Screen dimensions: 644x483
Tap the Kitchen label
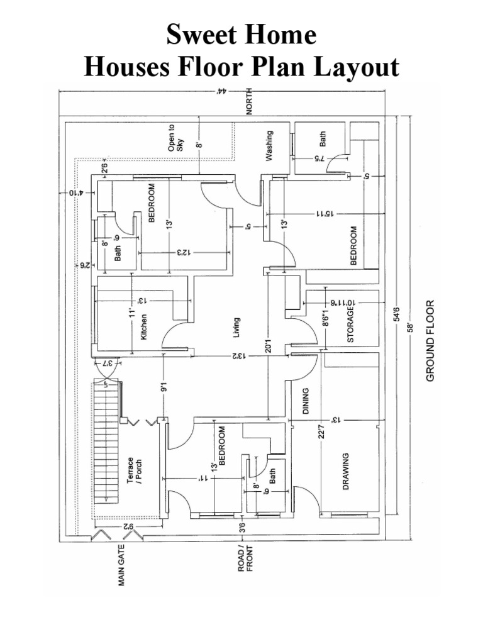tap(143, 327)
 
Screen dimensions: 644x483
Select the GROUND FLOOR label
tap(431, 340)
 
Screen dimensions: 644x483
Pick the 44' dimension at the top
tap(221, 91)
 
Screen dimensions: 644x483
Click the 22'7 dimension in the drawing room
tap(323, 434)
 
